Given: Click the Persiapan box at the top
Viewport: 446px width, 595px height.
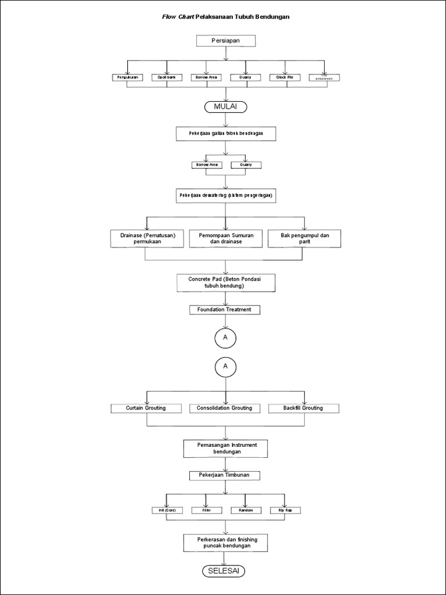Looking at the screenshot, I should click(225, 41).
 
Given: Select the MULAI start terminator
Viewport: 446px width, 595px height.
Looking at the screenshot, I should click(225, 107).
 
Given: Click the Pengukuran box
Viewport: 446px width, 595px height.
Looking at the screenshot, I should click(127, 77).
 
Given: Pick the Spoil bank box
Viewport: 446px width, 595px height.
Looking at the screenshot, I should click(167, 77).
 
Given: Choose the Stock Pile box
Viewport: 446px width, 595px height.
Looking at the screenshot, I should click(285, 77).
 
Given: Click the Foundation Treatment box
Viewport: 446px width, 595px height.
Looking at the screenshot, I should click(225, 310).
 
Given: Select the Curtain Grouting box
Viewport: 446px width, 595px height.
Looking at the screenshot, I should click(146, 408).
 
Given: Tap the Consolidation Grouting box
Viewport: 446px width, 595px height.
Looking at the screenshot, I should click(225, 408).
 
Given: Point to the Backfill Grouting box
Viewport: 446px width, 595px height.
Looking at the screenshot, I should click(303, 408).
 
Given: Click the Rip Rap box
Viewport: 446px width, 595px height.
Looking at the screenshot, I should click(285, 510).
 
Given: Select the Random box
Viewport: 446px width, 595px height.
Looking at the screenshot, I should click(246, 510).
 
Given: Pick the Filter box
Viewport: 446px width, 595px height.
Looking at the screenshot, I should click(206, 510).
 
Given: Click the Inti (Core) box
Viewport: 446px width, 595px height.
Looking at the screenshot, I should click(167, 510).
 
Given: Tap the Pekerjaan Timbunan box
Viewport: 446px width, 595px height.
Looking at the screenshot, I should click(225, 475).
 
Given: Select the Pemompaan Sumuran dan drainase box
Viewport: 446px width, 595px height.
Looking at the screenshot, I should click(225, 238).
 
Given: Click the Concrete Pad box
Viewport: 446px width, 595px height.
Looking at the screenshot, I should click(225, 283).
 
